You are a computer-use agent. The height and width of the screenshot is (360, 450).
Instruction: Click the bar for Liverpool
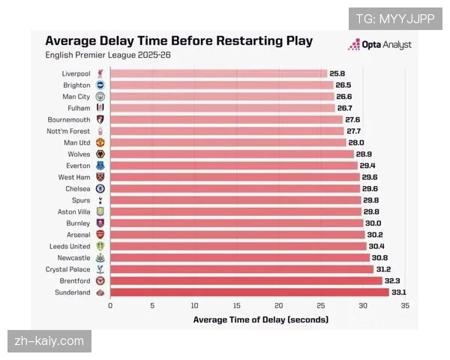(217, 73)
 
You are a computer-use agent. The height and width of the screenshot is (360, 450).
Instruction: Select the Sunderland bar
(249, 292)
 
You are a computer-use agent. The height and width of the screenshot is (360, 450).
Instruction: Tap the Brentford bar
(246, 280)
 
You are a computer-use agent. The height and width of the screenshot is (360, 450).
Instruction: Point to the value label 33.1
(400, 292)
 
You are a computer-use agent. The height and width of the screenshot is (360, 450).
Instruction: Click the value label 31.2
(383, 269)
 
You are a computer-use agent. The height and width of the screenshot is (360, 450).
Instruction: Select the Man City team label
(76, 97)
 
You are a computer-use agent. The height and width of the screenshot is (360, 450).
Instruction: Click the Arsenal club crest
(100, 235)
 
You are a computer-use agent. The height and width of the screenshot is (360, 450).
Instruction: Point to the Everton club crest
(100, 166)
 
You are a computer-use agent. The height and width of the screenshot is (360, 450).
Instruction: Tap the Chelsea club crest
(100, 189)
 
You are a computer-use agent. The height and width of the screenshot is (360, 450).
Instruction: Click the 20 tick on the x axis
(279, 305)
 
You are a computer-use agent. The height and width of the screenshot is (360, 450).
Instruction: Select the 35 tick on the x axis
(406, 305)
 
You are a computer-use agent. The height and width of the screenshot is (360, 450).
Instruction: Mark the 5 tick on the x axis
(152, 305)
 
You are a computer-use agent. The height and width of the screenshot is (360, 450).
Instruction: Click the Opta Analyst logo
(379, 45)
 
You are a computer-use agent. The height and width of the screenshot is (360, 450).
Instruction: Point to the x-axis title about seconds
(260, 319)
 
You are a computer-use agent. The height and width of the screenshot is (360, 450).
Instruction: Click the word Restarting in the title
(241, 41)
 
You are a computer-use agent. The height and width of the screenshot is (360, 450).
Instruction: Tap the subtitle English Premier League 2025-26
(107, 55)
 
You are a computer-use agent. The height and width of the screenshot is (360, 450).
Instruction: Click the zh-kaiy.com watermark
(49, 341)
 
